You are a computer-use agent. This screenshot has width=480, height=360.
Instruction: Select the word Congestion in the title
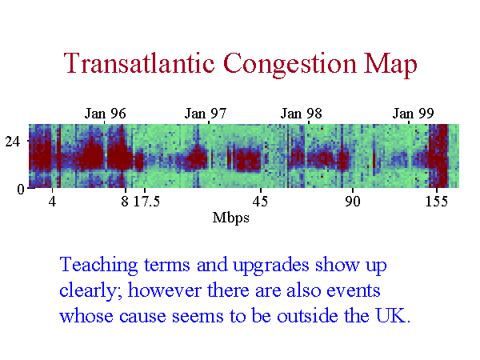click(x=290, y=65)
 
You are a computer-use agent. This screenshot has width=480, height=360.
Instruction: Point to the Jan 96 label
click(x=105, y=114)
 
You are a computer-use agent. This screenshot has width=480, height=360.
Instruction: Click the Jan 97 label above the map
click(x=206, y=114)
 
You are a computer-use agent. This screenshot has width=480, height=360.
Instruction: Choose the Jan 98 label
click(x=302, y=114)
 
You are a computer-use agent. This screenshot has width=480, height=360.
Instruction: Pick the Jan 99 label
click(x=414, y=114)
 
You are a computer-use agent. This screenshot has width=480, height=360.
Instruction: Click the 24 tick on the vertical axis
click(x=12, y=141)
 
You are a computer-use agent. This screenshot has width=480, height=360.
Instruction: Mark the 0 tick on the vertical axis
click(x=21, y=189)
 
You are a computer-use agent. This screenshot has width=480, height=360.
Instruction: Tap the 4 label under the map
click(x=52, y=202)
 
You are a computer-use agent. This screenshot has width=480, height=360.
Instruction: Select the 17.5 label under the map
click(x=146, y=202)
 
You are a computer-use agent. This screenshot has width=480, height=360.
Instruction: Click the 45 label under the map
click(x=260, y=202)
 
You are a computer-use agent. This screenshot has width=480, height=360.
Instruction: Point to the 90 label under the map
click(x=352, y=202)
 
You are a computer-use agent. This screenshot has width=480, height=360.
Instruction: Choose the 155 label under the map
click(x=437, y=202)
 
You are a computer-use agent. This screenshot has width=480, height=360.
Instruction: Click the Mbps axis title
click(x=231, y=218)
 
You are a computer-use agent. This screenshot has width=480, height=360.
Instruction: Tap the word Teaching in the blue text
click(x=98, y=266)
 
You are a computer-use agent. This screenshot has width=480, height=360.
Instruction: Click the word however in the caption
click(x=164, y=290)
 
